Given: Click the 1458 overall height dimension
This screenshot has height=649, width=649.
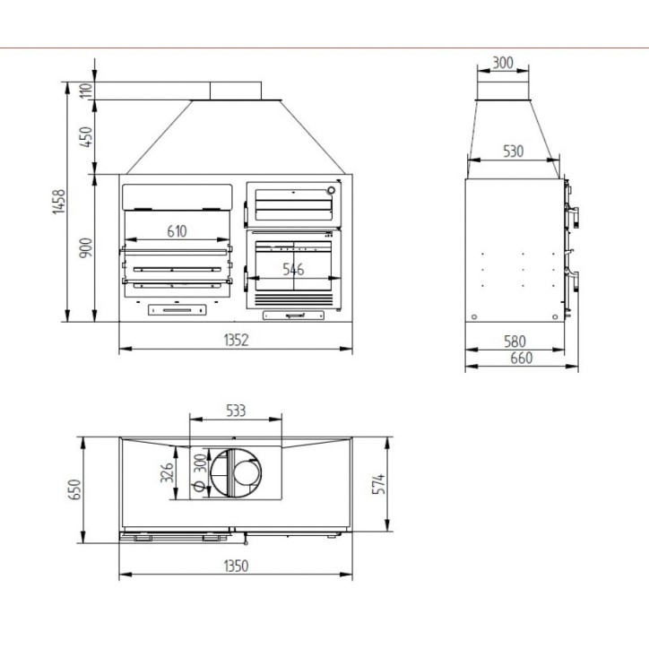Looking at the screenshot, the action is click(59, 202).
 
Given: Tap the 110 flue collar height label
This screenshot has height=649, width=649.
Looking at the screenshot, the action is click(86, 91).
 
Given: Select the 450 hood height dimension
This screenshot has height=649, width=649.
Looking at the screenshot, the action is click(86, 136).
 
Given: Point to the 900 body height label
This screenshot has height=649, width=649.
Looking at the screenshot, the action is click(86, 248).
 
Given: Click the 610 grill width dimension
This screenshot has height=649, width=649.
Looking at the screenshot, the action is click(177, 231).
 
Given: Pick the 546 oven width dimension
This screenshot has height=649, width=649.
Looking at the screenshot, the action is click(293, 270).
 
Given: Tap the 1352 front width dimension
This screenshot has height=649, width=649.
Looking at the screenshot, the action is click(236, 341).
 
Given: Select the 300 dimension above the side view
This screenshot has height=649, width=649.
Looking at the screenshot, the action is click(503, 63).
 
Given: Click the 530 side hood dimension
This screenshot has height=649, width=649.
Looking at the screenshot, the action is click(514, 151).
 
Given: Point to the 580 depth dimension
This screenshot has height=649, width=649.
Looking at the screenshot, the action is click(515, 342).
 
